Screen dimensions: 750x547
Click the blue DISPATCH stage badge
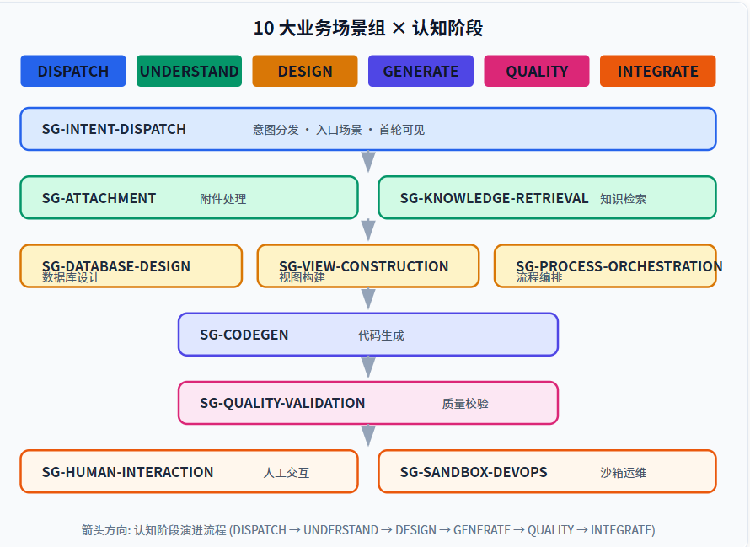(73, 71)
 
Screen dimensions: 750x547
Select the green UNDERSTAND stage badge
(189, 71)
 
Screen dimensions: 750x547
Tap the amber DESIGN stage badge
(305, 71)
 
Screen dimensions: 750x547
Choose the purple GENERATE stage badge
(421, 71)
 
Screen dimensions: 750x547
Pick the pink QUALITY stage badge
(537, 71)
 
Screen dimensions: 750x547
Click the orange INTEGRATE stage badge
(657, 71)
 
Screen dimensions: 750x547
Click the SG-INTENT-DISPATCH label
(114, 129)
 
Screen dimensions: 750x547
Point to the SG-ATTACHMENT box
(189, 198)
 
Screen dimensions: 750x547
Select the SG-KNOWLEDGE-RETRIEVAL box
(547, 198)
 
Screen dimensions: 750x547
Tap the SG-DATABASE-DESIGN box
(131, 266)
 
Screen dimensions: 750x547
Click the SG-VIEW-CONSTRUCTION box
(368, 266)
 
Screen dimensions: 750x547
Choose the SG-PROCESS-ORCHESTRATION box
(605, 266)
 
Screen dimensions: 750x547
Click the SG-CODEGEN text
(244, 335)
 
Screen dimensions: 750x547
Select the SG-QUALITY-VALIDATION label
(282, 404)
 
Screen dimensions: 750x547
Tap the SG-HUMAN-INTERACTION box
(189, 471)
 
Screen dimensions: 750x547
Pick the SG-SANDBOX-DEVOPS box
(547, 471)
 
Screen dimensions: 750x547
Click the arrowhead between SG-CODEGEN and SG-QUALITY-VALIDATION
(368, 367)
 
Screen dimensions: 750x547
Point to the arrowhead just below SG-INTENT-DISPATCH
(368, 162)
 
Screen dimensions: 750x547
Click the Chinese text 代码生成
(381, 335)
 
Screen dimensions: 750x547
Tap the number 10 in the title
(263, 29)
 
